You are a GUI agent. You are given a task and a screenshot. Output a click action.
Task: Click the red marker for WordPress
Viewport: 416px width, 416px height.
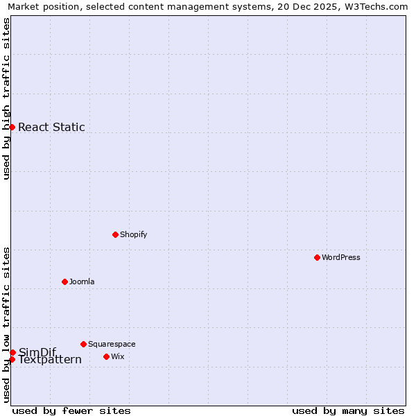tap(317, 257)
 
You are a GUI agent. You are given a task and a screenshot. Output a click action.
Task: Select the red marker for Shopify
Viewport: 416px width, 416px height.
tap(115, 234)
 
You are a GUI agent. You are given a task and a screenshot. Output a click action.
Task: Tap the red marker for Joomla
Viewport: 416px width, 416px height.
tap(64, 281)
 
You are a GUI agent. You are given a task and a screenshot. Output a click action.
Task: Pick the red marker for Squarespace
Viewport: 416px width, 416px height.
tap(83, 344)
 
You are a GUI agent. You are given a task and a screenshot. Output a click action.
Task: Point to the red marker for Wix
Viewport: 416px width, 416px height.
tap(106, 356)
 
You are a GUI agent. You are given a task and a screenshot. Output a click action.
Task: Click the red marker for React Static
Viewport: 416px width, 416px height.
tap(12, 127)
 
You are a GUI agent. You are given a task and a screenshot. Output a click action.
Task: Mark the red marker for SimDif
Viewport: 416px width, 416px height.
tap(12, 352)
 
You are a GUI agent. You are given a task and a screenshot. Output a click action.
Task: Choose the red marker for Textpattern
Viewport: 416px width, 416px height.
tap(12, 359)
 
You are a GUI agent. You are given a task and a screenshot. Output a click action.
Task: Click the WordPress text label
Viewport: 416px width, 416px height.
tap(341, 257)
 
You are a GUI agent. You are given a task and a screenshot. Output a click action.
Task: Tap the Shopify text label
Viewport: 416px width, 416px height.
tap(134, 234)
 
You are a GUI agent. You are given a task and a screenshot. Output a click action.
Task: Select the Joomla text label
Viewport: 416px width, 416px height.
tap(82, 281)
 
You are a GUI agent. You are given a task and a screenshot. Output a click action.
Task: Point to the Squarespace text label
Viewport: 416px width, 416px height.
tap(112, 344)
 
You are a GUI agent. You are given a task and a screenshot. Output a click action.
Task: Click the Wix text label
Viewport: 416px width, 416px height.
tap(118, 356)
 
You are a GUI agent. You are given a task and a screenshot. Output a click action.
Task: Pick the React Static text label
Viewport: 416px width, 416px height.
tap(51, 127)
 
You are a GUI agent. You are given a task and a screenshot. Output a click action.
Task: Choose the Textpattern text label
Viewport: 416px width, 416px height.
tap(50, 360)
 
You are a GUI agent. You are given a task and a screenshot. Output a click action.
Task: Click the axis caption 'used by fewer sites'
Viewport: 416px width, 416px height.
tap(71, 410)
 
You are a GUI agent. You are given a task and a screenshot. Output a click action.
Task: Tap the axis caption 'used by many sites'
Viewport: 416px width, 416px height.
tap(348, 410)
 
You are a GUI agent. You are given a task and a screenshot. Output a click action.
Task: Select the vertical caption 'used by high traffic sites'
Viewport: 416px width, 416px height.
tap(6, 98)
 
